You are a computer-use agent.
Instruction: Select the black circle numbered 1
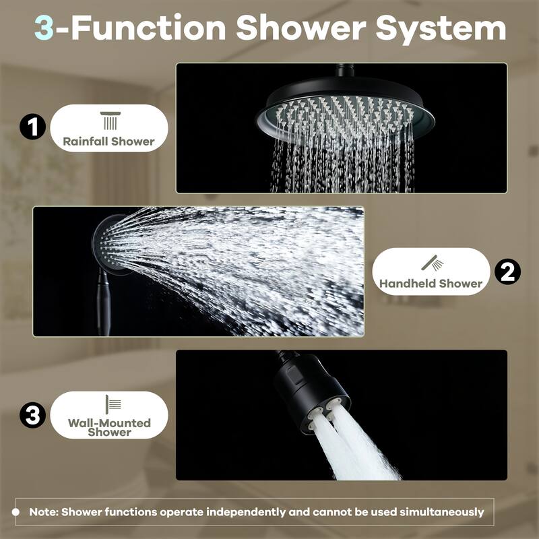click(32, 127)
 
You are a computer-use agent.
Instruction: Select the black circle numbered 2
click(507, 272)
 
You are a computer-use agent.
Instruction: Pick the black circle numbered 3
click(32, 415)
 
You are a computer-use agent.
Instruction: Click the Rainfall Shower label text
click(108, 141)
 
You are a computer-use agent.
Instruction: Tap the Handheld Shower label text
click(431, 284)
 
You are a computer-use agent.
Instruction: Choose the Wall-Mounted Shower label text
click(108, 427)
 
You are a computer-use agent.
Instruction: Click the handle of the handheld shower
click(104, 303)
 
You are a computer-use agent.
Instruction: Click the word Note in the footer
click(42, 512)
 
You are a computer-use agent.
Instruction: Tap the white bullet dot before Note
click(15, 512)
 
